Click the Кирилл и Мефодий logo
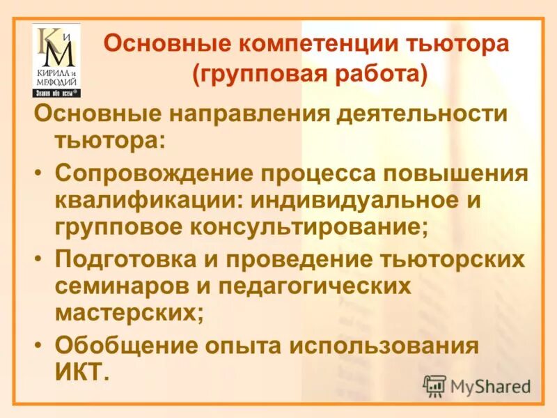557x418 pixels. click(x=56, y=60)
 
